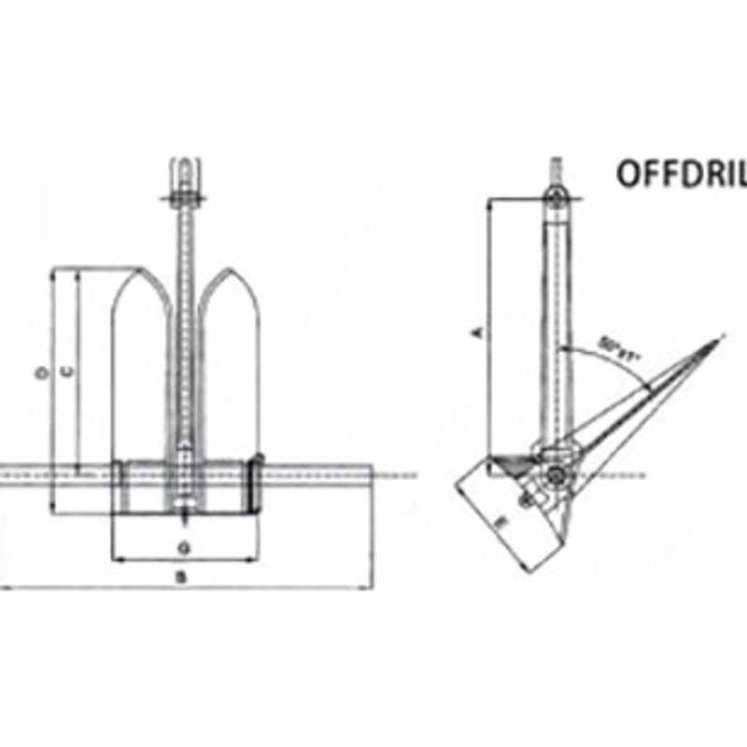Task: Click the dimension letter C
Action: point(66,373)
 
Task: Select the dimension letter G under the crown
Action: point(184,544)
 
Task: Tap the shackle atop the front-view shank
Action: point(183,177)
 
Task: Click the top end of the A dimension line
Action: point(488,198)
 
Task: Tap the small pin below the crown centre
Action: point(185,515)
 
